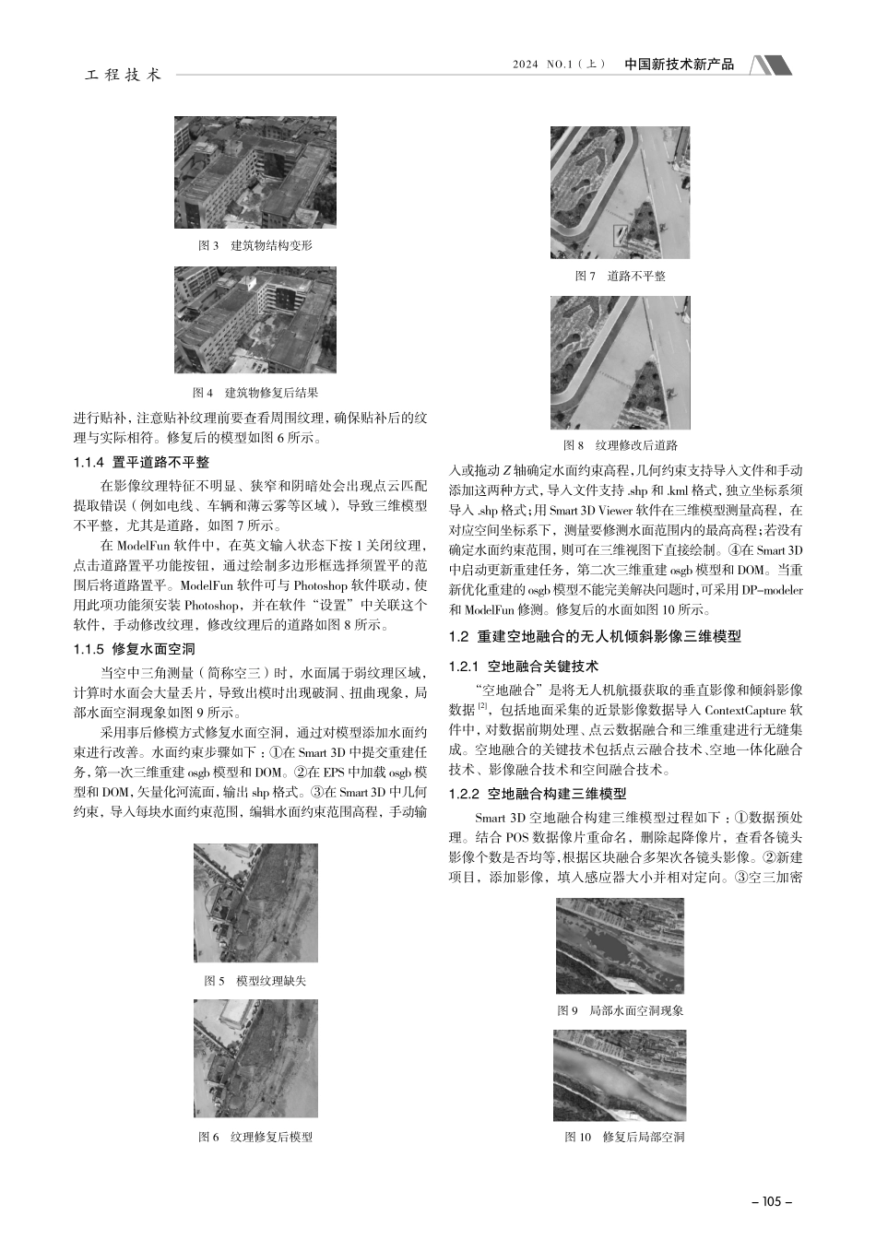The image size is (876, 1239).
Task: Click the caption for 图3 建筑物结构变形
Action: (255, 246)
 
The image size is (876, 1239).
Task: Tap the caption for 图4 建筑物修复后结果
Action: (255, 393)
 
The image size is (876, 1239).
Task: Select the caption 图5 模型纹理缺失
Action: (255, 981)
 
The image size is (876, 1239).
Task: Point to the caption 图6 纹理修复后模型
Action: (255, 1137)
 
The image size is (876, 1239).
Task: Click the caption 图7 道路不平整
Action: (620, 276)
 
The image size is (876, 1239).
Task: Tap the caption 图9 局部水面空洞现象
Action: (620, 1010)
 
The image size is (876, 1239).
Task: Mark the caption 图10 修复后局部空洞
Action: (620, 1137)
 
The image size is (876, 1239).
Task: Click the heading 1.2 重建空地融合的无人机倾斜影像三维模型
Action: (594, 636)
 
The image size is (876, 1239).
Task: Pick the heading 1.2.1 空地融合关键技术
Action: (523, 666)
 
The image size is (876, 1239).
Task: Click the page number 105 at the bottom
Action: (772, 1201)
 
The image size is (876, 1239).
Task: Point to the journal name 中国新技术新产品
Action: (680, 65)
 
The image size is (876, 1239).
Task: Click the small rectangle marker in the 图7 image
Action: (621, 234)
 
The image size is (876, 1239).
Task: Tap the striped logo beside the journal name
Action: (770, 65)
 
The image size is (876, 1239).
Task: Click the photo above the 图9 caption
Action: (620, 946)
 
